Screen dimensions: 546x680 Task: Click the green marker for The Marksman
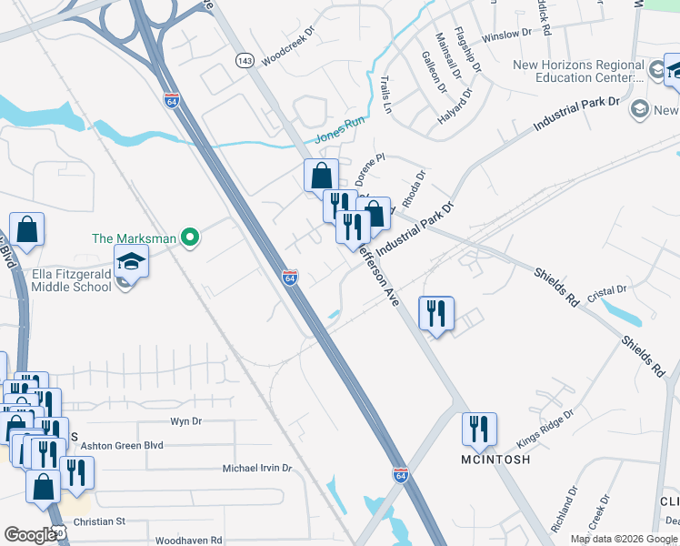click(x=189, y=239)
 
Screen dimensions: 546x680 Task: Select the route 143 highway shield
click(x=244, y=60)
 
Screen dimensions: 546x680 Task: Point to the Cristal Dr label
click(x=608, y=290)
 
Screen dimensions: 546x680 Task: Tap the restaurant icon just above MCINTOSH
click(x=477, y=430)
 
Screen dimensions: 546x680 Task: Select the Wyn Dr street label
click(x=185, y=421)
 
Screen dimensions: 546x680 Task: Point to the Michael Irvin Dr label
click(x=257, y=468)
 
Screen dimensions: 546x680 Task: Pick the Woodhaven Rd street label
click(x=188, y=540)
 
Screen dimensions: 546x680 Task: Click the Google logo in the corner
click(x=30, y=535)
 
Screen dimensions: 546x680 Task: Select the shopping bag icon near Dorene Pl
click(x=322, y=175)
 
